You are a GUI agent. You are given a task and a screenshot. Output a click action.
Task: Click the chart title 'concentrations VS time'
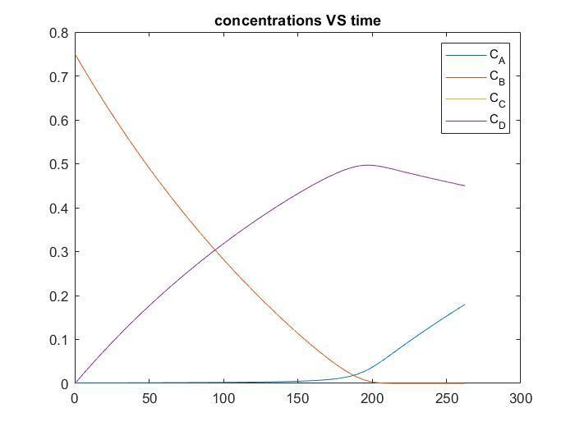297,21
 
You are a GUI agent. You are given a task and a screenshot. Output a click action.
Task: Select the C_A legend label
497,55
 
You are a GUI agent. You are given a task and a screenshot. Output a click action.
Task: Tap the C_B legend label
497,77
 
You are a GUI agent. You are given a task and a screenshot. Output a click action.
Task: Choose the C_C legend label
497,99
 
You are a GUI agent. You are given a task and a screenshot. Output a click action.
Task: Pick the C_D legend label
497,121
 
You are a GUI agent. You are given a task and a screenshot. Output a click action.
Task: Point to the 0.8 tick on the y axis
60,33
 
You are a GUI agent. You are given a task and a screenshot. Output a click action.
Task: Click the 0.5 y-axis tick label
60,164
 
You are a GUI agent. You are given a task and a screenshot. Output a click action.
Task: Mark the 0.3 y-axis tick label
60,252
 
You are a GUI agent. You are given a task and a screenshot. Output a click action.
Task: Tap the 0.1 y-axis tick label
60,340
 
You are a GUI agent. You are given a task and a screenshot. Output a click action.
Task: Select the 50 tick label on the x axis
149,399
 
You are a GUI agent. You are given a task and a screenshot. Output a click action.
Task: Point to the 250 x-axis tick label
446,399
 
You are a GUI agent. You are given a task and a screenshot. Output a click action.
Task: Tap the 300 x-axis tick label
520,399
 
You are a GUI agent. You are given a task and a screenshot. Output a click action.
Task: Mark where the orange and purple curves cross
214,249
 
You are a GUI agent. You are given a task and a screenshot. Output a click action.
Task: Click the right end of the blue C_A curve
464,305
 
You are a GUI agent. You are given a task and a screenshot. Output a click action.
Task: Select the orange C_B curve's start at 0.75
76,55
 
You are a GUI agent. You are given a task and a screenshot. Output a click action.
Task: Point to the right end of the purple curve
464,186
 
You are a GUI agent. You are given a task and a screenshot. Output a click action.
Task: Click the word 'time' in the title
366,21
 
